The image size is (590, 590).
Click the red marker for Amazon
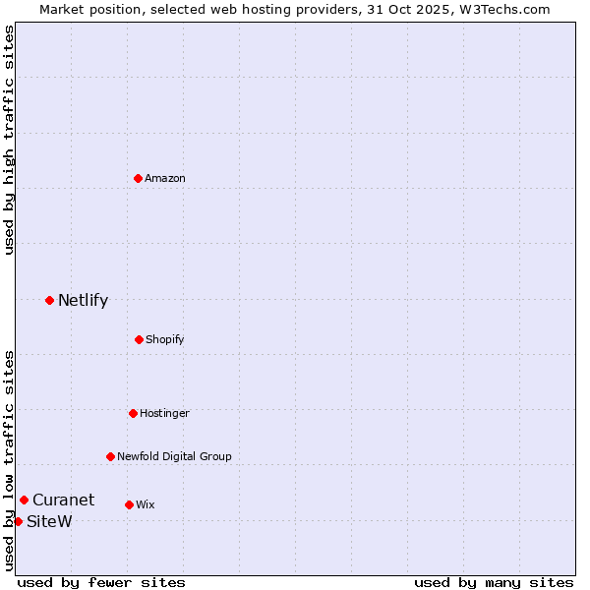tap(139, 178)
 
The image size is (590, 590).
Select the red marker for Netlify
tap(49, 300)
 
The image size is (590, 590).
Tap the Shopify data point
tap(139, 339)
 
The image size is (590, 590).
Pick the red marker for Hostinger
tap(133, 413)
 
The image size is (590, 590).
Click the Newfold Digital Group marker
tap(110, 456)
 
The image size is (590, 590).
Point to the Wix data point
tap(129, 504)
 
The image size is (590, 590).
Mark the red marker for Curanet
tap(24, 500)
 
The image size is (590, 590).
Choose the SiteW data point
tap(18, 521)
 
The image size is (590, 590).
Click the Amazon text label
tap(165, 178)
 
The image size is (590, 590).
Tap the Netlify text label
tap(83, 300)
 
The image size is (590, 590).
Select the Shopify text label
tap(165, 339)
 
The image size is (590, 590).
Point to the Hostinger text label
tap(164, 413)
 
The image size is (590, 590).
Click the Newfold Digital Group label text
tap(174, 456)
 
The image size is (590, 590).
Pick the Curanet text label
tap(63, 500)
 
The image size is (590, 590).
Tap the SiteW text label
tap(49, 521)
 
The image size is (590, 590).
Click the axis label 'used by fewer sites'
tap(101, 582)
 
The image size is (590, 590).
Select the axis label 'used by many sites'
tap(494, 582)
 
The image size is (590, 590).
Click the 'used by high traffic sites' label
tap(9, 140)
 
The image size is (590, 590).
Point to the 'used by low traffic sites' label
tap(9, 459)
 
